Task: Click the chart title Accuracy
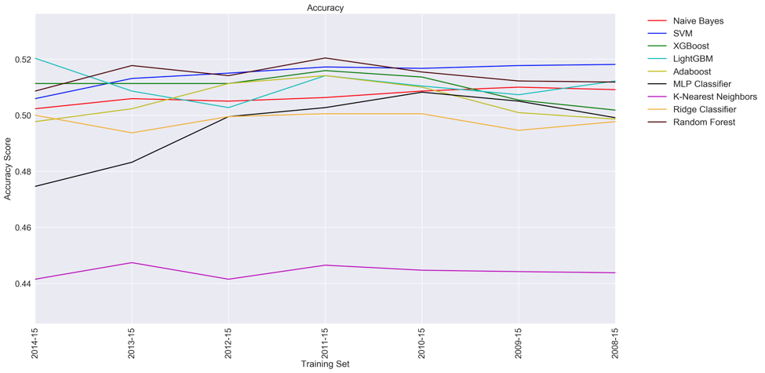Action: click(x=325, y=8)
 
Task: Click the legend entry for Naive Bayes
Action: click(x=698, y=21)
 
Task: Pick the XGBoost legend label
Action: click(x=690, y=46)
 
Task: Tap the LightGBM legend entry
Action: click(x=693, y=59)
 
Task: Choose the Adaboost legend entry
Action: click(x=692, y=71)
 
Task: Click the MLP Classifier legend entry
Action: click(x=701, y=84)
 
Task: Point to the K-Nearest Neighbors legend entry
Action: click(x=715, y=97)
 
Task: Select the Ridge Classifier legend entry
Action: click(x=705, y=109)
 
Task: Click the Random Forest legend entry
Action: click(x=704, y=122)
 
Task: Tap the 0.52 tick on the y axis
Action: click(x=21, y=60)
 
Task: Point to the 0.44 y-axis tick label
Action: click(x=21, y=283)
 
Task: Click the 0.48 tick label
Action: click(x=21, y=172)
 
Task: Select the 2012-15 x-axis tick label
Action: click(x=228, y=342)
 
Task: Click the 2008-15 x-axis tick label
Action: click(x=614, y=342)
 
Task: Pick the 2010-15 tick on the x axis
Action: click(x=421, y=342)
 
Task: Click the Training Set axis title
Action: click(x=325, y=364)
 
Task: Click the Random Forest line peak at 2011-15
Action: click(x=325, y=58)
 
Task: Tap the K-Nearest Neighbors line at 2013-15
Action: click(x=132, y=263)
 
